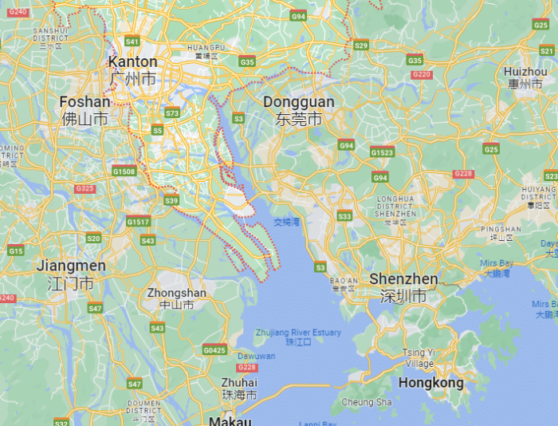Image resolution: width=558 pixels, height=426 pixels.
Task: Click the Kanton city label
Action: [132, 62]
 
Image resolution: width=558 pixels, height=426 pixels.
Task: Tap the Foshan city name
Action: [84, 102]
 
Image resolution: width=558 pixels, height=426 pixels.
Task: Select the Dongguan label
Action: [298, 103]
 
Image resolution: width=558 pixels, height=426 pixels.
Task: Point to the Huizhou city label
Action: [524, 72]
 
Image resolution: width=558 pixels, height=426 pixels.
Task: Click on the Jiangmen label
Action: [71, 266]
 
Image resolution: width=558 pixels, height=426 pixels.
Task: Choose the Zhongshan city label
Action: [176, 294]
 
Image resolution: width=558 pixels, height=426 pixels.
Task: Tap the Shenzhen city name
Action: [403, 279]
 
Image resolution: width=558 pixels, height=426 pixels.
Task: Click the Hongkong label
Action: [430, 383]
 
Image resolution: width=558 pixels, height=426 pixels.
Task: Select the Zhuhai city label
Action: [239, 382]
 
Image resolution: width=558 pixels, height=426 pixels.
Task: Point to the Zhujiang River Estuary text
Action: [298, 333]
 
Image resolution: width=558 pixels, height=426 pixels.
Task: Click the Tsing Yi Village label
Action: [419, 357]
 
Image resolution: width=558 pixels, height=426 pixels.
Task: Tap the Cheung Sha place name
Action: [367, 402]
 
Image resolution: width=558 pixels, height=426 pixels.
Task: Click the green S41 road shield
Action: [132, 41]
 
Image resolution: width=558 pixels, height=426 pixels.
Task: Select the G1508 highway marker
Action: [124, 171]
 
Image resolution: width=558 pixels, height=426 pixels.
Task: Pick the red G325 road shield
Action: [84, 188]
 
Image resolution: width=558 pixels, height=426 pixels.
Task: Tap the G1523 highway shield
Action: [382, 152]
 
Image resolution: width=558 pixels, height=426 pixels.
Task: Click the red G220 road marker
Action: [422, 75]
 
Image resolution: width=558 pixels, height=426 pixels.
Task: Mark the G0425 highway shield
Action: [214, 349]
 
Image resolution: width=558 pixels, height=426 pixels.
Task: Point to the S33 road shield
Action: [344, 216]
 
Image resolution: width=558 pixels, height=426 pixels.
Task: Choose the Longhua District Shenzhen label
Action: [395, 206]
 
